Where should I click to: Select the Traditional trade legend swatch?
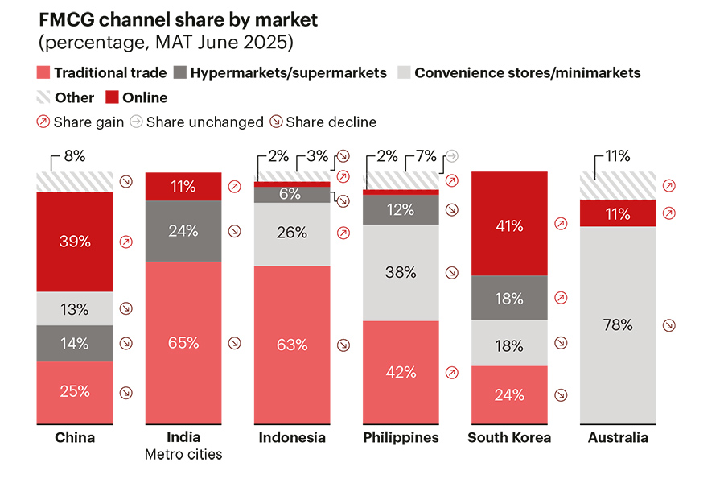(x=43, y=73)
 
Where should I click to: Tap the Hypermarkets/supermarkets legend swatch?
(x=180, y=73)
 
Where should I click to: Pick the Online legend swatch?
(x=112, y=98)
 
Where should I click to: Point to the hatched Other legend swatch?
(x=43, y=98)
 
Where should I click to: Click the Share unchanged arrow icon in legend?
(x=137, y=122)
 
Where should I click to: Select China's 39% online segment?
(x=74, y=242)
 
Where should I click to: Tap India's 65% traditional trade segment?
(x=183, y=342)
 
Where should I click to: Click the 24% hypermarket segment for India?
(x=183, y=231)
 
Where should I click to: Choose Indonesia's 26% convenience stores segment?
(x=291, y=233)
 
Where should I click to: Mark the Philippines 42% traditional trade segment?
(x=401, y=372)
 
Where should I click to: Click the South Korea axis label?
(x=509, y=438)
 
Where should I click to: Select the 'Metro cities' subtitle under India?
(x=183, y=455)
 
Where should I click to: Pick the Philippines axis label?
(x=401, y=438)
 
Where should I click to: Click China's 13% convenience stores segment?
(x=74, y=308)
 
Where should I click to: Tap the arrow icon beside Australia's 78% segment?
(x=669, y=325)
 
